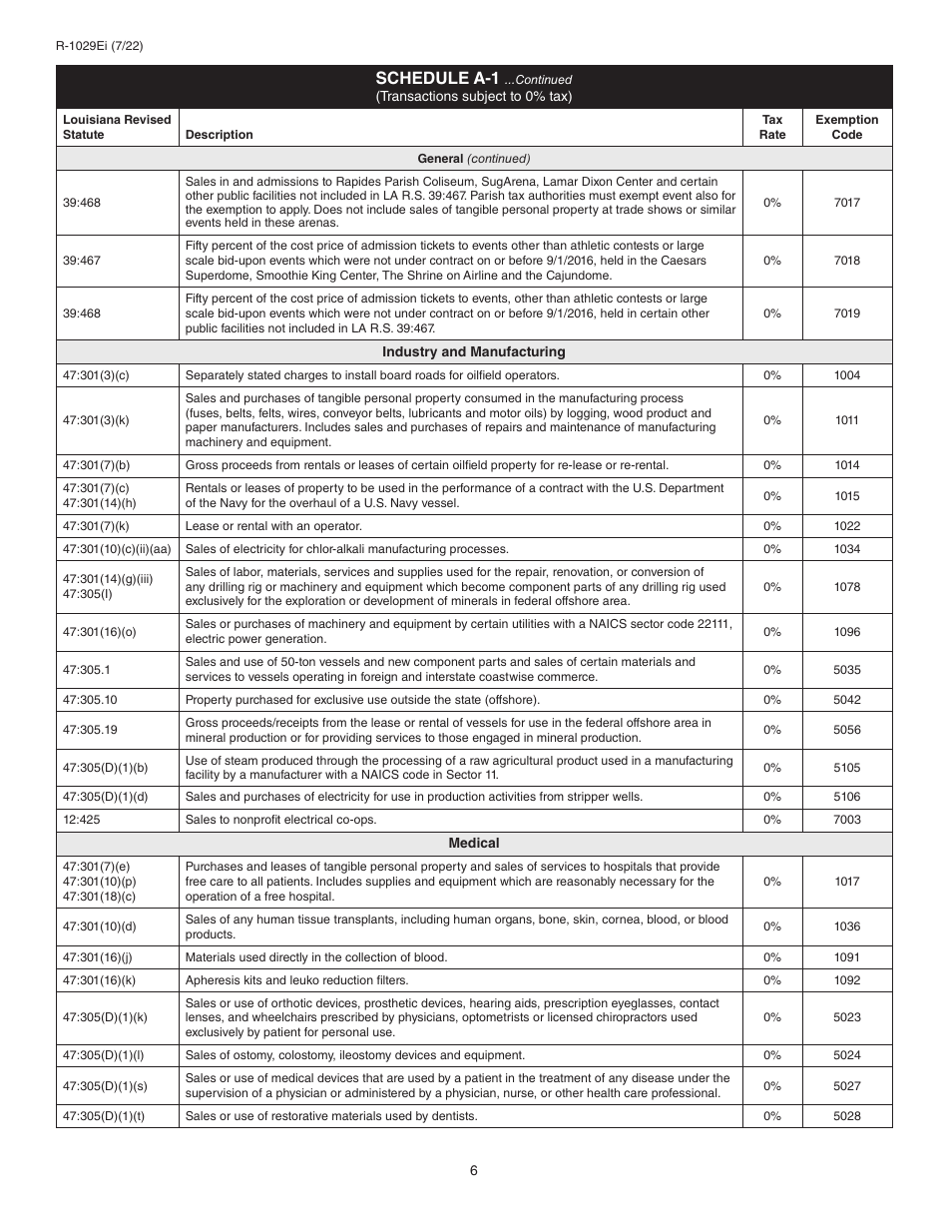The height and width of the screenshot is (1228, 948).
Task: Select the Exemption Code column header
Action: pyautogui.click(x=846, y=127)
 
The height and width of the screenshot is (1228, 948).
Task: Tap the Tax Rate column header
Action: pyautogui.click(x=772, y=127)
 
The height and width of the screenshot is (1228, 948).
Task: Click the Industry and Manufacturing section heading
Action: pyautogui.click(x=474, y=351)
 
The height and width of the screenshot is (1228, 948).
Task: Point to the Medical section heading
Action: pyautogui.click(x=474, y=843)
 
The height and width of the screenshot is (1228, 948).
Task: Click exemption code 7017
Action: pyautogui.click(x=846, y=203)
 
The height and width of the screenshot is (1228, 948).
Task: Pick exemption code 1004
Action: pyautogui.click(x=846, y=375)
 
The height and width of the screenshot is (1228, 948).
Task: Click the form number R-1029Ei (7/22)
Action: pyautogui.click(x=100, y=45)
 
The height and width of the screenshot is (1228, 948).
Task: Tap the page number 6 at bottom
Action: pyautogui.click(x=474, y=1171)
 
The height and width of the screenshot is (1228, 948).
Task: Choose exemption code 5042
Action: pyautogui.click(x=846, y=700)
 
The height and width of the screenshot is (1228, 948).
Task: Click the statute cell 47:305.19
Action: pyautogui.click(x=90, y=730)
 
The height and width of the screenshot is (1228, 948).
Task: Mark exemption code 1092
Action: pyautogui.click(x=846, y=980)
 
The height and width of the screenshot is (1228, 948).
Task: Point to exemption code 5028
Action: pyautogui.click(x=846, y=1116)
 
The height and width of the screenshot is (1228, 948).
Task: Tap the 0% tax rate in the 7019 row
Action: pyautogui.click(x=772, y=313)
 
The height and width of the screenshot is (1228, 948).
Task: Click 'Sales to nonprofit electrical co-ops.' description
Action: pyautogui.click(x=280, y=820)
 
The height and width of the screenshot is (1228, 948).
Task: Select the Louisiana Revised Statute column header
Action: pyautogui.click(x=117, y=127)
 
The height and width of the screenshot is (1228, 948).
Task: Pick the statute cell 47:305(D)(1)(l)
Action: pyautogui.click(x=103, y=1055)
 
